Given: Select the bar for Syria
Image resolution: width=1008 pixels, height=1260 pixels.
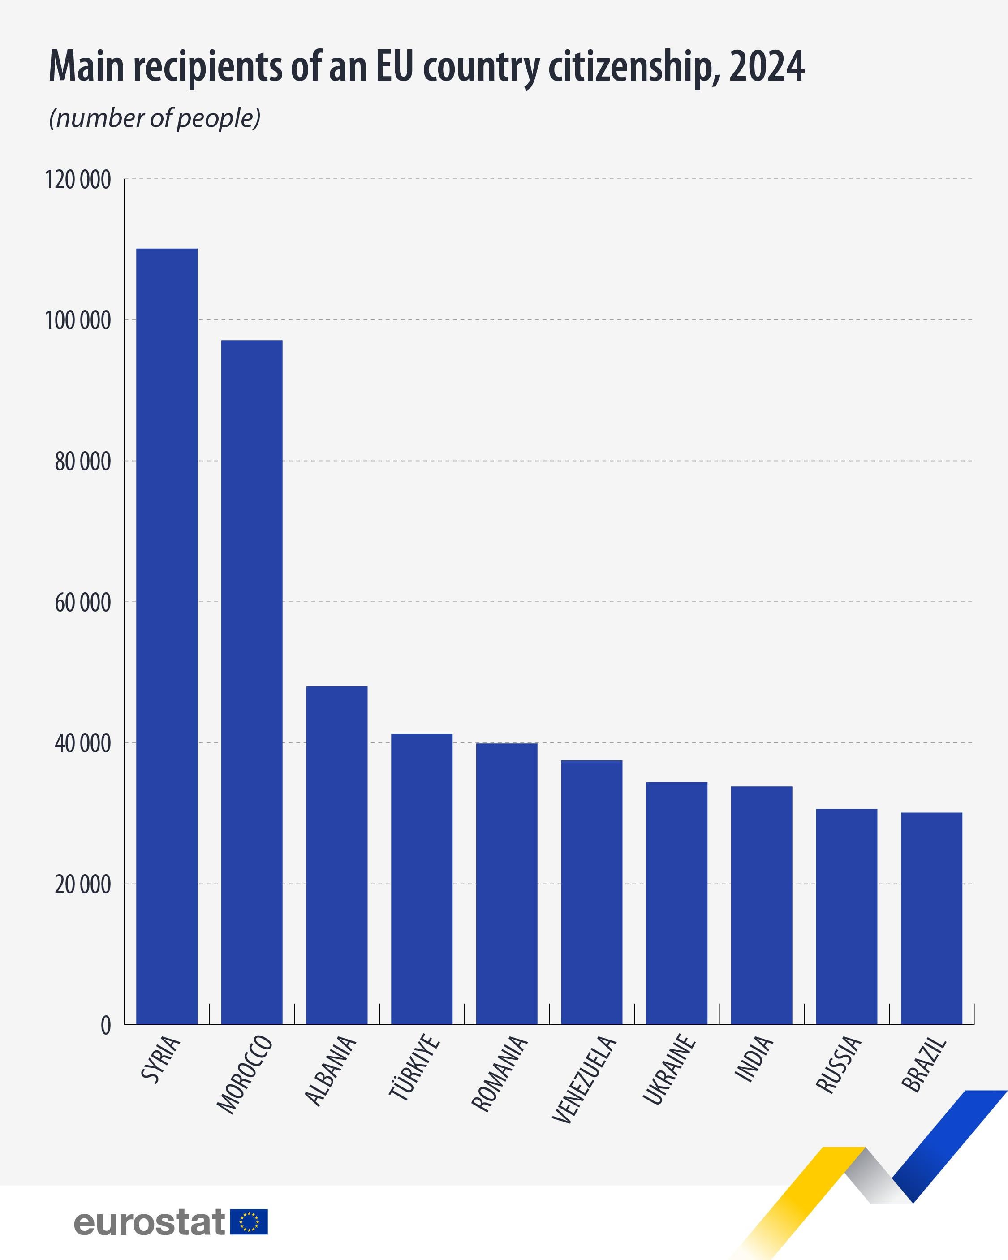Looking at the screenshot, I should click(167, 637).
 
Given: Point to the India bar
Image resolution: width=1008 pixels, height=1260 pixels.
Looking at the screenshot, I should click(762, 906).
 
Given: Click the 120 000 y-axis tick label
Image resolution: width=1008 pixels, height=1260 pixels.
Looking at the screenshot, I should click(78, 180).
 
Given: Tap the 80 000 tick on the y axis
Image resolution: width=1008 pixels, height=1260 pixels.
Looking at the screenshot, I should click(82, 462).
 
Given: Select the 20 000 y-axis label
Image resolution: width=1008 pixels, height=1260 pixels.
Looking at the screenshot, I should click(82, 885).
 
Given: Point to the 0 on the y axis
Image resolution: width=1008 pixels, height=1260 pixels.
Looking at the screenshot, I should click(105, 1026).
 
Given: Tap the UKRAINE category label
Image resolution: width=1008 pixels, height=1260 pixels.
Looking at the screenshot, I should click(668, 1070).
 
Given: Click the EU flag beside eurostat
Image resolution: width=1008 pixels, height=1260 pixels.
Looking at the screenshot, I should click(249, 1222).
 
